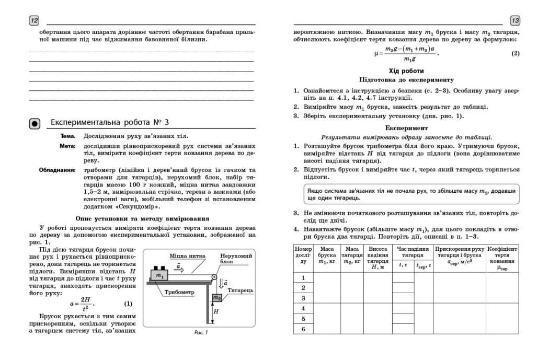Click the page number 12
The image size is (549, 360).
[34, 20]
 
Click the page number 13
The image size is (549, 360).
[514, 20]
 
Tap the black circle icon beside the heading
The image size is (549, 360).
[35, 123]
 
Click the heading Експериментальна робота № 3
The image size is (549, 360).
[110, 123]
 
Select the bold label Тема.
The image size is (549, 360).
[68, 136]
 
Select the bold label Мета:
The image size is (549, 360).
[67, 146]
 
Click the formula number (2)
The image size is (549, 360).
[515, 53]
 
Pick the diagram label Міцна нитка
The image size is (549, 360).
[187, 256]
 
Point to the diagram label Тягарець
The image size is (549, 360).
[241, 289]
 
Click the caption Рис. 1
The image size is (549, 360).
[201, 332]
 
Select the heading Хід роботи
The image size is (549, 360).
[406, 71]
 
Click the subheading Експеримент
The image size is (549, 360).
[406, 127]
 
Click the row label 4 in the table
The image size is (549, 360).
[303, 308]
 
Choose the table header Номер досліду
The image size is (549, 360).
[303, 256]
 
